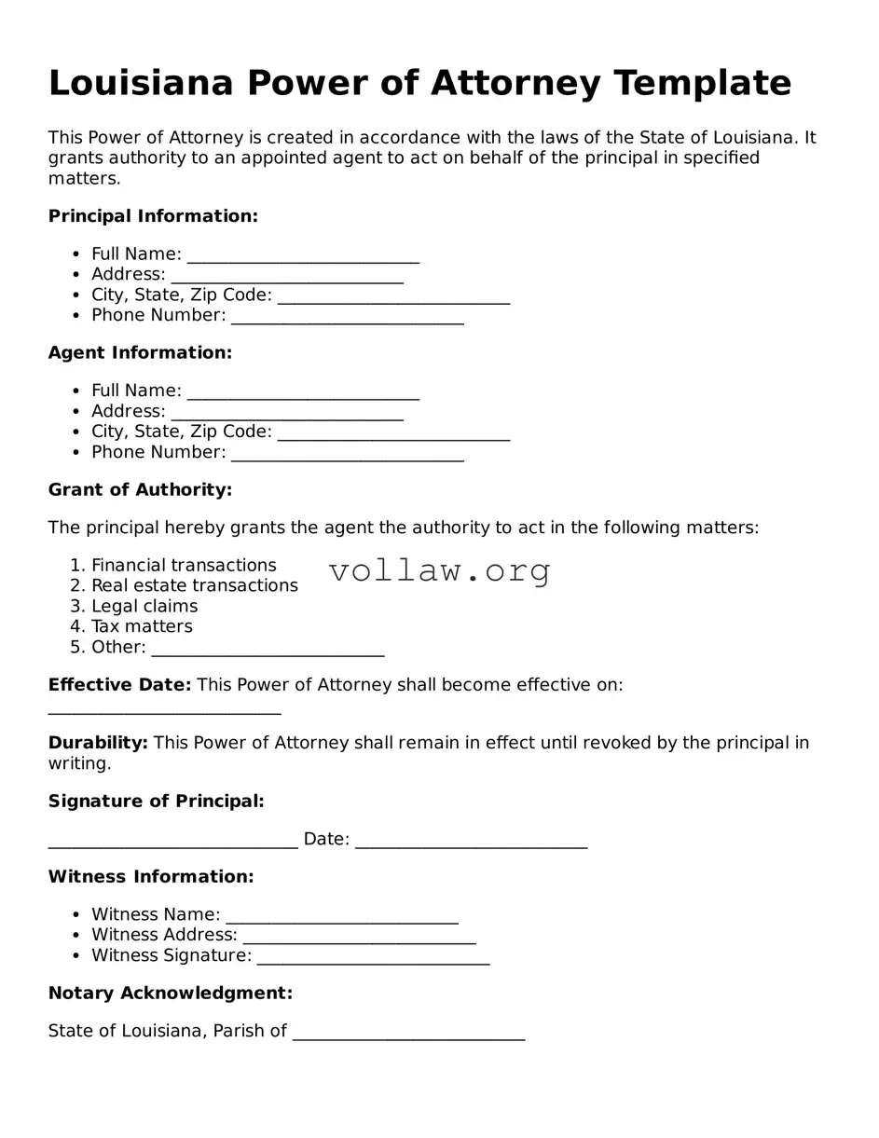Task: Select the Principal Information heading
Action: (153, 216)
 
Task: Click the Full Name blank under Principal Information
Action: (303, 255)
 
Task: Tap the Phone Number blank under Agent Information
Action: (347, 454)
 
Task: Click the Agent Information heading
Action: (140, 353)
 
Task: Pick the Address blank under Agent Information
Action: (287, 413)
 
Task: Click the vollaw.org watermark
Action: (439, 570)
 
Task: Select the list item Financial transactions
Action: (184, 566)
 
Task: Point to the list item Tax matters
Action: (142, 627)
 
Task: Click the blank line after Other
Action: (268, 649)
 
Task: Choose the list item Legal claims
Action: (144, 607)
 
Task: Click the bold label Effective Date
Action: (119, 685)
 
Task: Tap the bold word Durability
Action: (98, 743)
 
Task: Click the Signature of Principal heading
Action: (156, 802)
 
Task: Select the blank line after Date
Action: (471, 841)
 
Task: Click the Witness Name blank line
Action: (341, 916)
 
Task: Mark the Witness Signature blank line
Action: (373, 957)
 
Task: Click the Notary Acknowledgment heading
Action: (171, 994)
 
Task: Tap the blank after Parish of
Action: (408, 1033)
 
